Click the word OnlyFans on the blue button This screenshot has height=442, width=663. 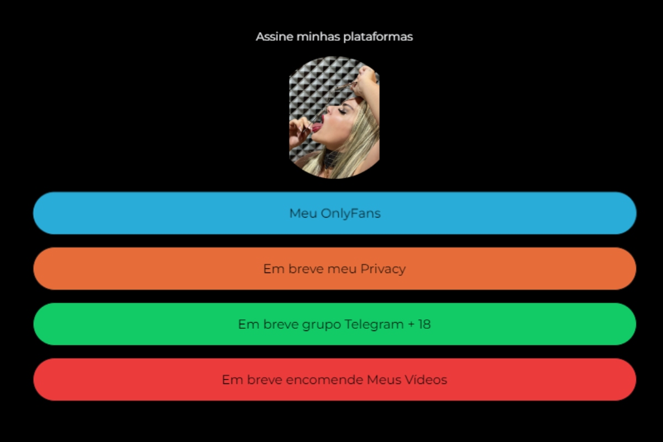pos(351,213)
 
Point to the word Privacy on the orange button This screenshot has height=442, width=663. pos(383,270)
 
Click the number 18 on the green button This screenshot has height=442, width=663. pos(424,324)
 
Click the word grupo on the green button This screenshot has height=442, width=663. pos(322,325)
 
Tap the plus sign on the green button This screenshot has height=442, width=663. pos(411,324)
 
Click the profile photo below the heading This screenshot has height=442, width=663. pos(334,118)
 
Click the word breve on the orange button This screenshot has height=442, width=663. pos(306,269)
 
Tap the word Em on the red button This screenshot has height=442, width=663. pos(231,380)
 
